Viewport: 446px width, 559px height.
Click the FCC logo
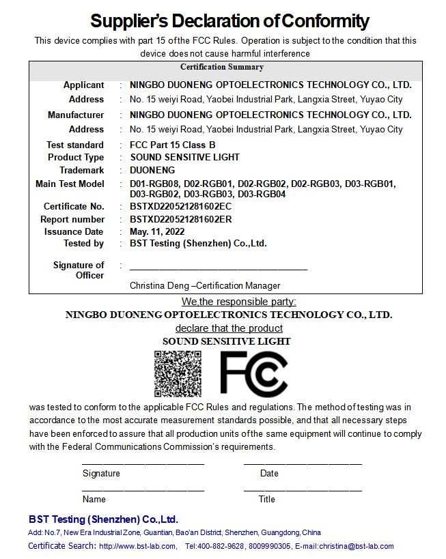click(x=253, y=373)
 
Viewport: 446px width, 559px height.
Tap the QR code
click(x=178, y=373)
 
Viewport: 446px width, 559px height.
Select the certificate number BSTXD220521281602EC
click(x=181, y=206)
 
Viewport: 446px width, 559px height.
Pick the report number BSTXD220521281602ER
click(x=181, y=219)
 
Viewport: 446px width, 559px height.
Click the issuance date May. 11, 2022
click(x=157, y=231)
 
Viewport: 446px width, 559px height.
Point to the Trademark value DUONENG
click(x=152, y=170)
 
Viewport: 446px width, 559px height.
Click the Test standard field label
click(x=75, y=145)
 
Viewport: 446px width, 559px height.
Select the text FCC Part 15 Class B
click(x=172, y=145)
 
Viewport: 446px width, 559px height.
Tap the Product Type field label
click(x=76, y=157)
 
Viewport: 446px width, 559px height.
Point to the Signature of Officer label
click(x=79, y=270)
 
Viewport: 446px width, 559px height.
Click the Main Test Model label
click(x=70, y=184)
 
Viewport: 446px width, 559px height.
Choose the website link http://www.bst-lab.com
click(x=137, y=546)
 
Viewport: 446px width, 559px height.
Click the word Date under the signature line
click(x=269, y=473)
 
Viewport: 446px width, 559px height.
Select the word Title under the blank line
click(x=266, y=499)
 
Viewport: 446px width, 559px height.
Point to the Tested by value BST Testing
click(x=198, y=243)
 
